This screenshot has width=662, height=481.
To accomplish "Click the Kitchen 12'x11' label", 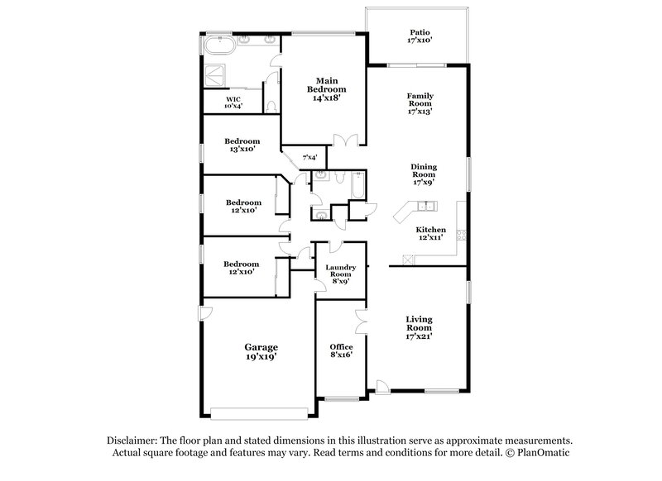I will coord(430,234).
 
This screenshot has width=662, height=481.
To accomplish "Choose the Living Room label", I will coord(420,327).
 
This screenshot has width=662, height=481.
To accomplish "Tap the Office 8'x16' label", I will coord(341,351).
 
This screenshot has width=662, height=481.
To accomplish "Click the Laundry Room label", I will coord(340,274).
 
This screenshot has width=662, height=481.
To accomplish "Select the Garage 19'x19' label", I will coord(260,351).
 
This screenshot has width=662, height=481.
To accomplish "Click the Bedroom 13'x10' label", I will coord(243,145).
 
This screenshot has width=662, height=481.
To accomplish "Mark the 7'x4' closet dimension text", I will coord(310,157).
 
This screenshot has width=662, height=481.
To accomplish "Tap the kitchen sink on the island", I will coord(424,207).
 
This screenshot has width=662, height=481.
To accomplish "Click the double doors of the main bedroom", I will coord(345,140).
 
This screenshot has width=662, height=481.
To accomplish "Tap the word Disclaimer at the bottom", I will coord(133,441).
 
